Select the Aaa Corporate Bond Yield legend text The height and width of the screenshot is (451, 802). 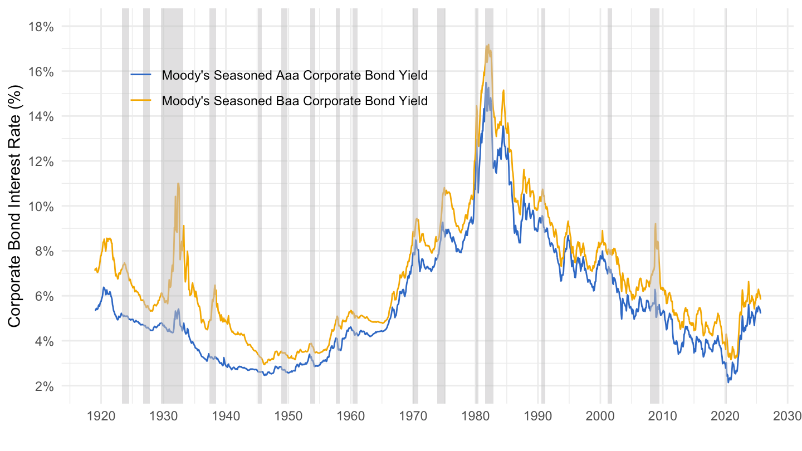point(294,76)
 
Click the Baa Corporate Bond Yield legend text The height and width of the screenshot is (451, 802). point(294,101)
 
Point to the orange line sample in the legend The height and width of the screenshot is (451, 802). point(141,101)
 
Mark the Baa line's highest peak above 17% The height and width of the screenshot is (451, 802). point(488,45)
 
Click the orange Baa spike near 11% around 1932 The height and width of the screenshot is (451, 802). point(178,183)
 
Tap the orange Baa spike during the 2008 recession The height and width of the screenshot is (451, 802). point(656,224)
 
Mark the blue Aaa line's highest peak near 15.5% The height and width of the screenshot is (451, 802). point(486,83)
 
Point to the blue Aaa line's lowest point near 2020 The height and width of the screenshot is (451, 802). point(728,382)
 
